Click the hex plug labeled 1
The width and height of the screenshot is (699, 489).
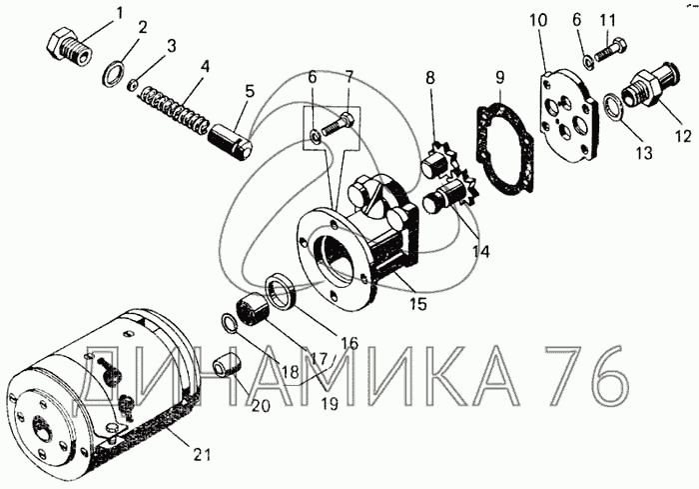(x=69, y=47)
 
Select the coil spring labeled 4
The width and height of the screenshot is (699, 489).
(x=174, y=110)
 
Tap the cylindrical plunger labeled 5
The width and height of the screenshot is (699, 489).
(x=231, y=141)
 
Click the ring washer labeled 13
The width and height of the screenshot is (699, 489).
(x=613, y=107)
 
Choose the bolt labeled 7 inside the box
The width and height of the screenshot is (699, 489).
(x=338, y=125)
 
